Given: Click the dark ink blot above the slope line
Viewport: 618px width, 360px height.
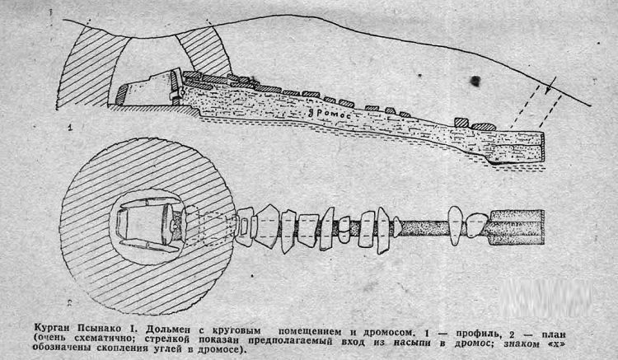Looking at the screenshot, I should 475,81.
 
